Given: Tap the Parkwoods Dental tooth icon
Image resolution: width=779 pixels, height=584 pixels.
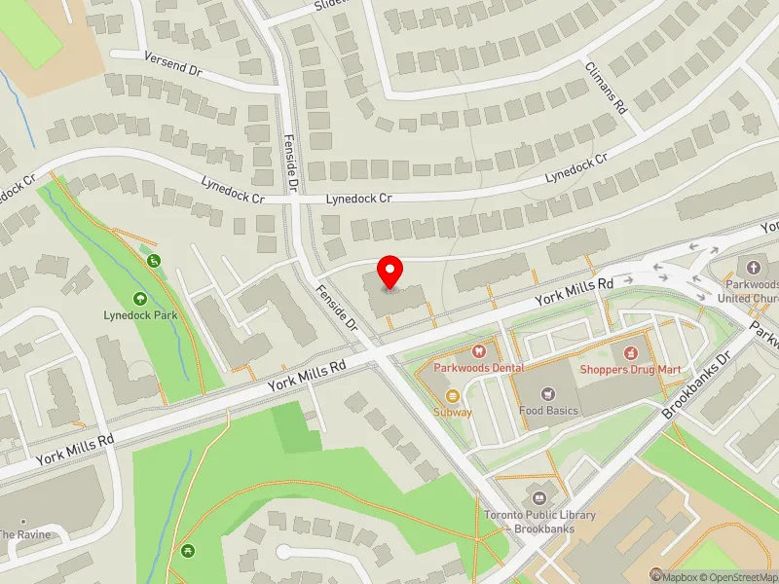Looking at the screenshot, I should pos(478,349).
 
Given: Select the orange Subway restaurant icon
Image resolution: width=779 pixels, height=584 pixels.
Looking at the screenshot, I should pos(453,395).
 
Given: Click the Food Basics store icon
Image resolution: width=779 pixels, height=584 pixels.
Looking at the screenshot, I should pos(546,393).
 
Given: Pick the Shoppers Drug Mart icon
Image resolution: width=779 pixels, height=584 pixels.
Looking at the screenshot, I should pos(629,350).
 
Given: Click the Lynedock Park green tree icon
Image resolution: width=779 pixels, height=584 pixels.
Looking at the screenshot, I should pos(140,299).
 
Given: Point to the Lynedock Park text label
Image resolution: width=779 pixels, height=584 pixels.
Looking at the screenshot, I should pos(140,315).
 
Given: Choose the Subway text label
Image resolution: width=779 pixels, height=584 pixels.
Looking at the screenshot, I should pos(453,412).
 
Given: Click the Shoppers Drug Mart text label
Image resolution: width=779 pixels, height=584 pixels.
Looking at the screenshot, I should pos(629,369).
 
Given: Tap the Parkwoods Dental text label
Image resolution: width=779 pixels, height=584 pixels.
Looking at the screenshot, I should pos(478,368).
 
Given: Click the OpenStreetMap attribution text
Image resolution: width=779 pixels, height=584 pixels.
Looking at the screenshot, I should pos(745,576).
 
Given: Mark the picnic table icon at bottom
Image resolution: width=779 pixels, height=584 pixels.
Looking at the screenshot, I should pos(186,552).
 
